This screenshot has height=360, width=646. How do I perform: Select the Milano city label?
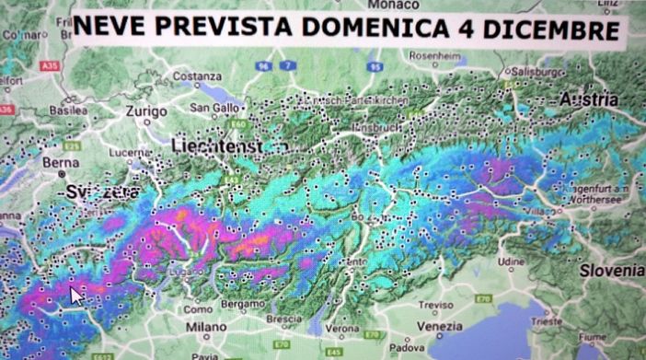pyautogui.click(x=206, y=327)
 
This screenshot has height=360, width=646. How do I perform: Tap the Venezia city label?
pyautogui.click(x=437, y=326)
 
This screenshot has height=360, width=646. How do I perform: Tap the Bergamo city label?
pyautogui.click(x=241, y=303)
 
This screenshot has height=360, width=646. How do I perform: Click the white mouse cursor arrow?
pyautogui.click(x=77, y=296)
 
